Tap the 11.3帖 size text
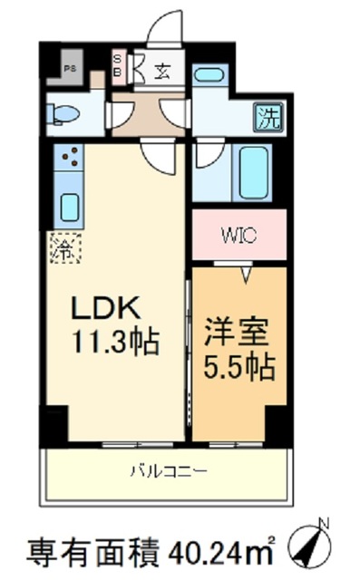tap(115, 343)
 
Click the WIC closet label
tap(238, 233)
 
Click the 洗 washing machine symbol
tap(268, 117)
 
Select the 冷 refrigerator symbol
tap(65, 247)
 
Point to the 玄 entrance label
tap(160, 69)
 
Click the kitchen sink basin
tap(69, 207)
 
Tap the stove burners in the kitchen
tap(68, 159)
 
